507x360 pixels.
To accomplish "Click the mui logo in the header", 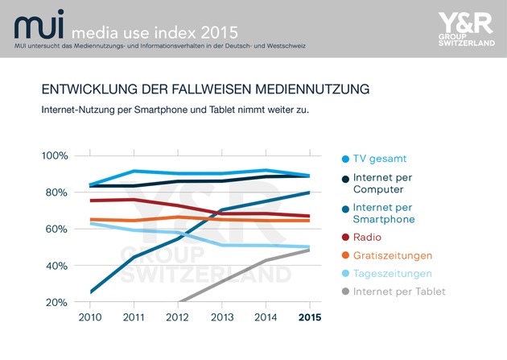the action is [x=39, y=25].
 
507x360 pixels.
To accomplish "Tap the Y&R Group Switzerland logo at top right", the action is [x=466, y=29].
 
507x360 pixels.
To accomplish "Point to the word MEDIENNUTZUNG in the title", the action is [x=312, y=89].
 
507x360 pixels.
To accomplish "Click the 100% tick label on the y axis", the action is [x=55, y=156].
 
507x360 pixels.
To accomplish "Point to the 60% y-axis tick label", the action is [x=56, y=230].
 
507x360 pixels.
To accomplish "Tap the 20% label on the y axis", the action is [x=56, y=303].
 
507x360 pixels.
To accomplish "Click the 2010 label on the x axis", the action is [x=90, y=317].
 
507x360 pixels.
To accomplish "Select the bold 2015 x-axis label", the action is [x=310, y=317].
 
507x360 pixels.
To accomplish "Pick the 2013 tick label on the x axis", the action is [x=222, y=317].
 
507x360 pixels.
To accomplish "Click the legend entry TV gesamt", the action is [x=374, y=159].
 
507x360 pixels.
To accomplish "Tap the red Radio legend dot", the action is [x=345, y=238].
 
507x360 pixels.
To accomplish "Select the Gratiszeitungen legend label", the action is [x=393, y=255].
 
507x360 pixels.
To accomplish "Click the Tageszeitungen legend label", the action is [x=393, y=274].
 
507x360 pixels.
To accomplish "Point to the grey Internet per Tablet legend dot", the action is [x=345, y=292].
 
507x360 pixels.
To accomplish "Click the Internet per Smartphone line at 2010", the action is [x=90, y=292].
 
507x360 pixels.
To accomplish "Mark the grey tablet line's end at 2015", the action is [x=310, y=250].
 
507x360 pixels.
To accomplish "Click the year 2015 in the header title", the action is [x=219, y=33].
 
